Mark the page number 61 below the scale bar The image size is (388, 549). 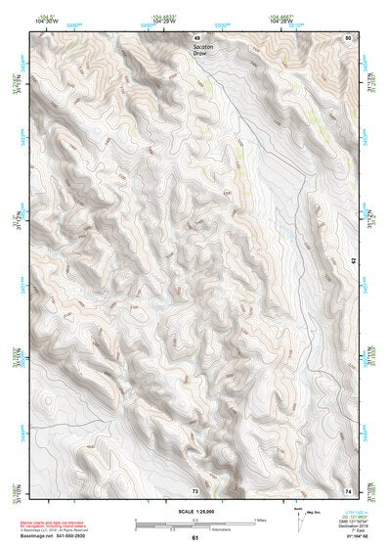click(x=194, y=538)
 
